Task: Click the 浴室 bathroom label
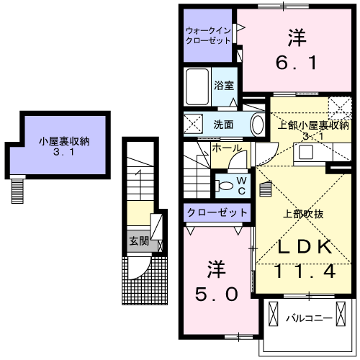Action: pyautogui.click(x=224, y=86)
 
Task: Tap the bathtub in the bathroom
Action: pyautogui.click(x=197, y=87)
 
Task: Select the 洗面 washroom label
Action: pyautogui.click(x=223, y=125)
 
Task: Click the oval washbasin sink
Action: pyautogui.click(x=258, y=125)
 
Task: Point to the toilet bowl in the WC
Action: pyautogui.click(x=225, y=186)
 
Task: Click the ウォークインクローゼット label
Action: pyautogui.click(x=208, y=35)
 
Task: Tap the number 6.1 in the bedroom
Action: pyautogui.click(x=297, y=63)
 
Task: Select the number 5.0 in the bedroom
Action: pyautogui.click(x=217, y=294)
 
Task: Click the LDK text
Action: pyautogui.click(x=305, y=246)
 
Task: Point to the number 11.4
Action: pyautogui.click(x=305, y=271)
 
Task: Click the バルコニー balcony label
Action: pyautogui.click(x=310, y=318)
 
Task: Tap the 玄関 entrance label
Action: pyautogui.click(x=139, y=241)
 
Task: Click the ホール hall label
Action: pyautogui.click(x=227, y=148)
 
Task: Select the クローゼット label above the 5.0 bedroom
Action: pyautogui.click(x=217, y=212)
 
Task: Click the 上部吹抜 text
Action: pyautogui.click(x=303, y=214)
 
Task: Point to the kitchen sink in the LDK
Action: pyautogui.click(x=306, y=152)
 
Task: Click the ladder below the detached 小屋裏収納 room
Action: pyautogui.click(x=17, y=191)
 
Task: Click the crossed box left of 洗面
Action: pyautogui.click(x=193, y=124)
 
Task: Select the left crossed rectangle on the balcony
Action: pyautogui.click(x=273, y=314)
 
